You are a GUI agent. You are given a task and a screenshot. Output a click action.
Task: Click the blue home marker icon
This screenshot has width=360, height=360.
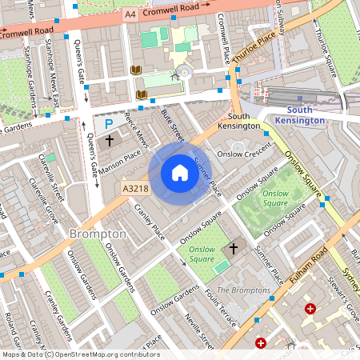coord(180,173)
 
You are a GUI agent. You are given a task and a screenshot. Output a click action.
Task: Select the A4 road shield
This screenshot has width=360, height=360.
coord(130,15)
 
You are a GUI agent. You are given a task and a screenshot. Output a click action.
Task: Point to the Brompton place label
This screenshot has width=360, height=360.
coord(98,234)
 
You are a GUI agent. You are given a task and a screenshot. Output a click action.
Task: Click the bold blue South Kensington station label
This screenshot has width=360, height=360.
coord(300,114)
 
